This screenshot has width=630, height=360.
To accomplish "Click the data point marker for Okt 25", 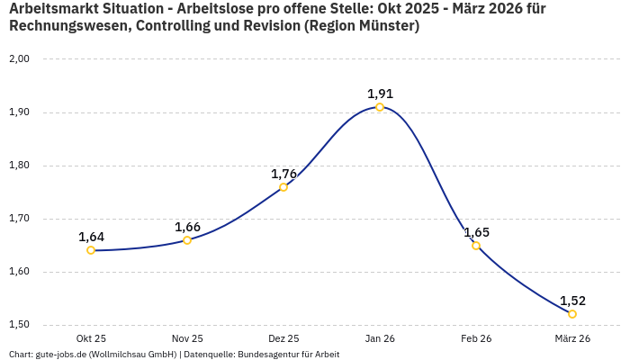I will tap(91, 250).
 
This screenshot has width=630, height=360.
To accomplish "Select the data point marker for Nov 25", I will tap(187, 240).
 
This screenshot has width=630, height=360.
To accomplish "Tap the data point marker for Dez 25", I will tap(283, 187).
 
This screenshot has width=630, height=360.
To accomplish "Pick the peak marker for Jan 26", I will tap(380, 107).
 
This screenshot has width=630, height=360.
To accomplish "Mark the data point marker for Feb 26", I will tap(476, 246).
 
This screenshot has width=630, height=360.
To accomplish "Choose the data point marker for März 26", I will tap(572, 314).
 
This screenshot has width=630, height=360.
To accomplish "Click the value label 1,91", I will tap(380, 94).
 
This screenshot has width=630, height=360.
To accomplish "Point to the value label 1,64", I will tap(91, 237).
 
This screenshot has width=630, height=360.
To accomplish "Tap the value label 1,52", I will tap(572, 301).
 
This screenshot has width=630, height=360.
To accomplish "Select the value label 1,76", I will tap(283, 174).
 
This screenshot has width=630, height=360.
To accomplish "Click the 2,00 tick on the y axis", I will tap(19, 59).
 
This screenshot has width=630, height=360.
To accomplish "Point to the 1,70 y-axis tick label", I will tap(19, 219).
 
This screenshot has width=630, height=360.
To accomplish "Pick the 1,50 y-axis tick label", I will tap(19, 325).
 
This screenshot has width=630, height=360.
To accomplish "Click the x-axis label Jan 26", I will tap(380, 338).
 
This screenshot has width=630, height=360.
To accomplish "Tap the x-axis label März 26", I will tap(572, 338).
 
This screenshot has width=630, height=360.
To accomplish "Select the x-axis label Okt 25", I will tap(91, 338).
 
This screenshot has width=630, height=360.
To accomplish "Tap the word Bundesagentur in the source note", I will tap(265, 355).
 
